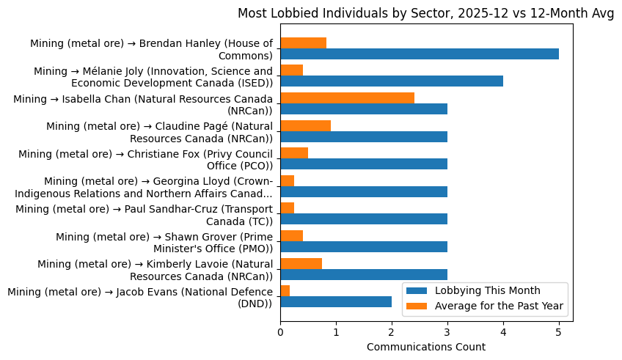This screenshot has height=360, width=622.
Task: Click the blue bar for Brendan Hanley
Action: click(x=419, y=54)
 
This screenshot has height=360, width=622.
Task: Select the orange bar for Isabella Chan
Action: click(x=347, y=98)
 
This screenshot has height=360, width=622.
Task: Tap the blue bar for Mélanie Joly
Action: click(x=391, y=81)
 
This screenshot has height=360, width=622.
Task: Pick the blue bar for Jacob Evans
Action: click(x=335, y=301)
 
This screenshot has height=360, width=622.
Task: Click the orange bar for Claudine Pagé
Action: click(x=305, y=125)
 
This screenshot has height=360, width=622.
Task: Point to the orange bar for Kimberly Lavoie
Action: click(x=301, y=263)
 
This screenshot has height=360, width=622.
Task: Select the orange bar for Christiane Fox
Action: click(x=293, y=153)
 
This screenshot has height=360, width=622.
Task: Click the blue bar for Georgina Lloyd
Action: click(x=363, y=191)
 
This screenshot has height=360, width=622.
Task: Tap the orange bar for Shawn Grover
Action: click(x=291, y=235)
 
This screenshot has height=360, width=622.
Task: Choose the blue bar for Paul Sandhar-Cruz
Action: click(x=363, y=219)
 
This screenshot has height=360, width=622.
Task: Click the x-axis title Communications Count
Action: click(x=425, y=347)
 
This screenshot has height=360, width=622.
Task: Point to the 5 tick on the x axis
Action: click(x=558, y=332)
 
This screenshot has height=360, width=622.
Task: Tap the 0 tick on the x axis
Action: click(x=280, y=332)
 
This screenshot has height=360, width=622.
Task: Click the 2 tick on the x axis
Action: click(x=392, y=332)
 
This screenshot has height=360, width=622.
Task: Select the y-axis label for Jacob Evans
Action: click(x=139, y=298)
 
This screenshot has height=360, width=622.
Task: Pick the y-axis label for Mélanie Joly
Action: click(x=153, y=76)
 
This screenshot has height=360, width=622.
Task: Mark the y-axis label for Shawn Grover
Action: click(x=164, y=243)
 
